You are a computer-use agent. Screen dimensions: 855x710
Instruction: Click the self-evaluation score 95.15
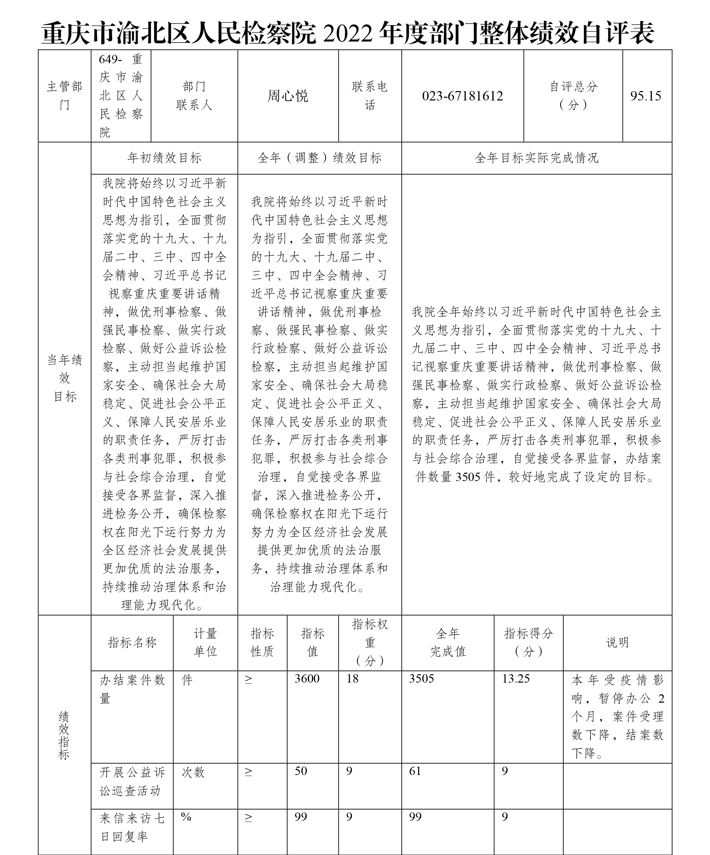pyautogui.click(x=646, y=96)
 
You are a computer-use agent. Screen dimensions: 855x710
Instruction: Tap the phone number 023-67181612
pyautogui.click(x=463, y=96)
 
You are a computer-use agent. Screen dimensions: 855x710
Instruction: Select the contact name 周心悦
pyautogui.click(x=288, y=96)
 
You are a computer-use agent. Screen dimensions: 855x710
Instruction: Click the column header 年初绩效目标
pyautogui.click(x=164, y=158)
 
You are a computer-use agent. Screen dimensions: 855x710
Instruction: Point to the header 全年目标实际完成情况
pyautogui.click(x=537, y=158)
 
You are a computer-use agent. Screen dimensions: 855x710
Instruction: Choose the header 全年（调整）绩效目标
pyautogui.click(x=320, y=158)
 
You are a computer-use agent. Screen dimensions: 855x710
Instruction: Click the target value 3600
pyautogui.click(x=307, y=679)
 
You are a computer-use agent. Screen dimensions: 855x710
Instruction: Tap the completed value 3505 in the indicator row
pyautogui.click(x=421, y=679)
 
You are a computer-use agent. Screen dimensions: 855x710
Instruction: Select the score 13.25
pyautogui.click(x=516, y=679)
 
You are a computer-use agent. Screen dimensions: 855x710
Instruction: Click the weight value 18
pyautogui.click(x=352, y=679)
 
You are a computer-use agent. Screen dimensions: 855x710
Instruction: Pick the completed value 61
pyautogui.click(x=415, y=771)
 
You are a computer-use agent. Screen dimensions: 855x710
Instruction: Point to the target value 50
pyautogui.click(x=301, y=771)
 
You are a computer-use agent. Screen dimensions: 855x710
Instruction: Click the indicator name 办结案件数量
pyautogui.click(x=132, y=689)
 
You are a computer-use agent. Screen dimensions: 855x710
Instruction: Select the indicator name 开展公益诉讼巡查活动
pyautogui.click(x=132, y=781)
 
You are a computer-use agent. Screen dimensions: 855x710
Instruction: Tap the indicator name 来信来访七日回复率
pyautogui.click(x=132, y=827)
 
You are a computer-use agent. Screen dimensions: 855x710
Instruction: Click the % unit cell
pyautogui.click(x=186, y=817)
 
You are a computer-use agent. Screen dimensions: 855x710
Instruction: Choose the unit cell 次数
pyautogui.click(x=193, y=772)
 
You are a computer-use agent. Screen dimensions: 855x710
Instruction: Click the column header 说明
pyautogui.click(x=617, y=642)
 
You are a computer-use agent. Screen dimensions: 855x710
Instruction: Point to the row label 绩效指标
pyautogui.click(x=64, y=735)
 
